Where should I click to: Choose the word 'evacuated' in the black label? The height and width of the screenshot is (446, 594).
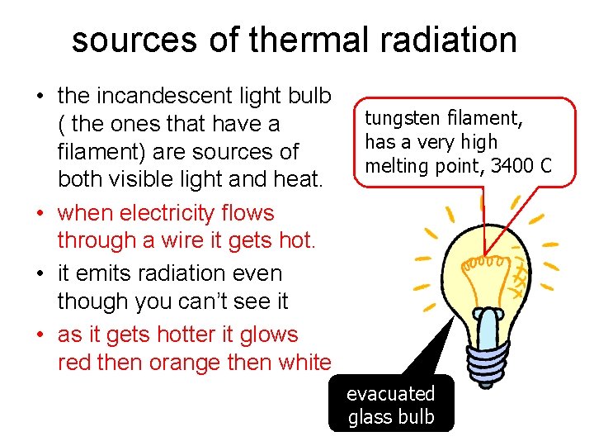click(390, 394)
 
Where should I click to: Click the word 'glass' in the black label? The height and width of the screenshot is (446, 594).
click(369, 417)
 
